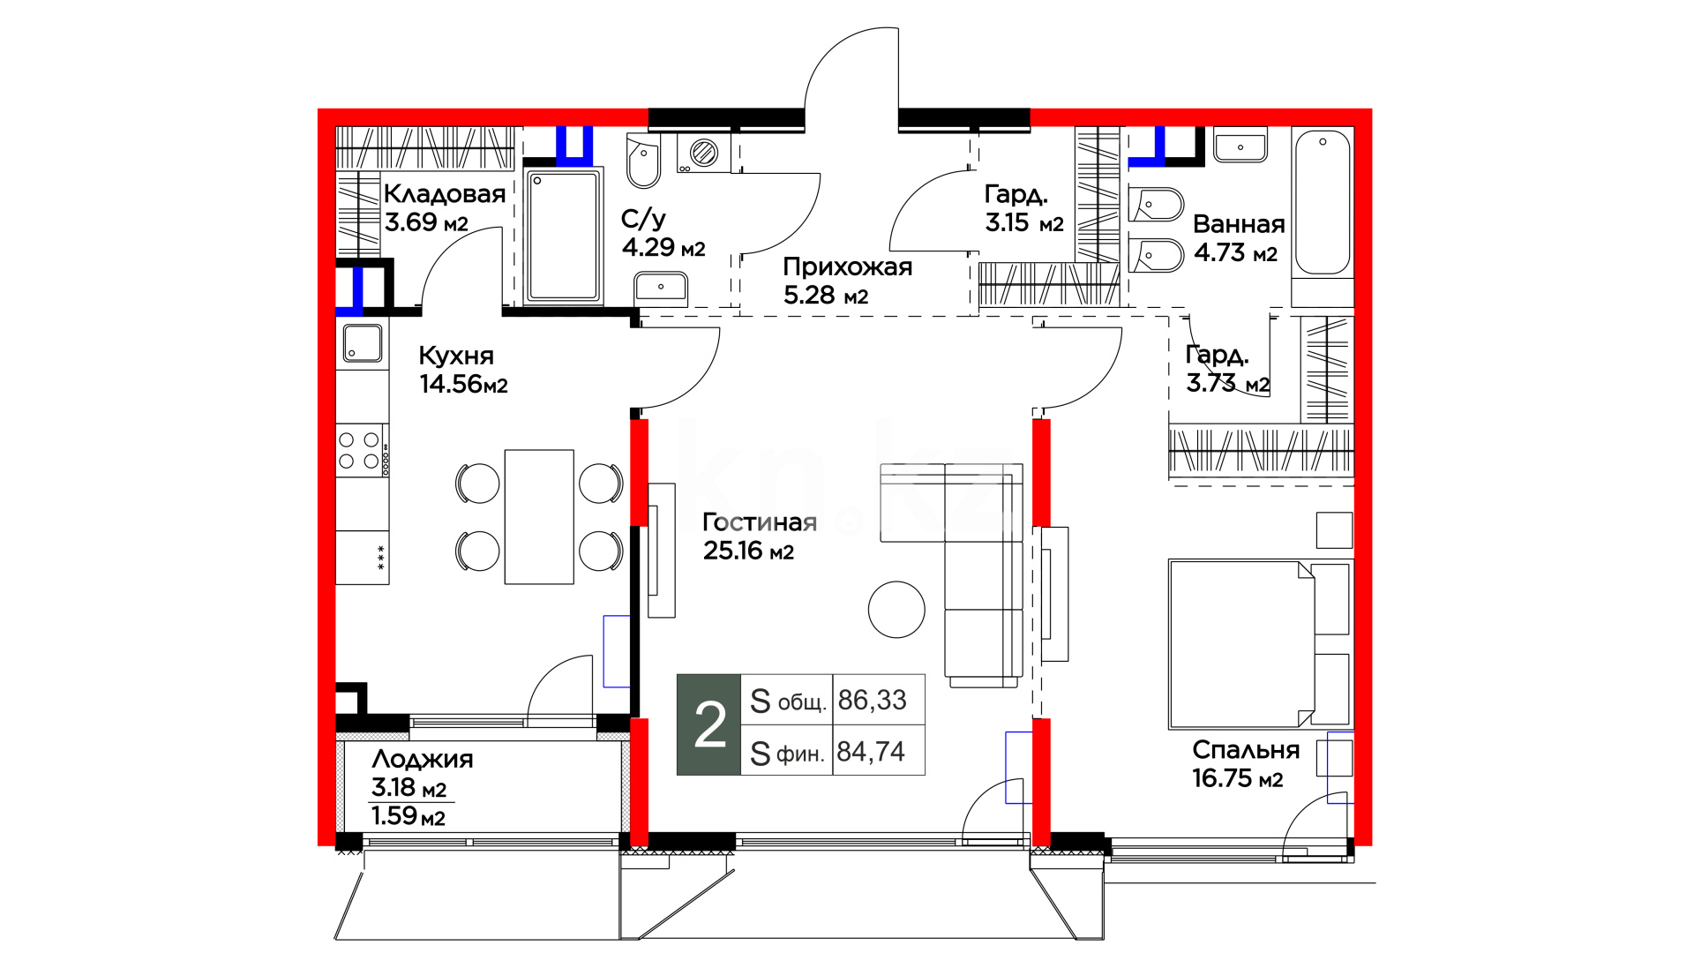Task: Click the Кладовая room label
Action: coord(445,194)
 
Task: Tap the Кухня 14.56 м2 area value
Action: coord(463,384)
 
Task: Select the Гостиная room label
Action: coord(760,522)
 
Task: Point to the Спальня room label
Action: coord(1246,750)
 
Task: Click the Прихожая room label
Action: coord(848,266)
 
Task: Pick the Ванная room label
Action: coord(1239,224)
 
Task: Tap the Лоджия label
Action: coord(423,759)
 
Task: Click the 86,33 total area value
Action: coord(873,700)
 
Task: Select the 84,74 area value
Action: coord(871,752)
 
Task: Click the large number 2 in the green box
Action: coord(710,725)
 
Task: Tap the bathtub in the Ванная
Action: coord(1323,202)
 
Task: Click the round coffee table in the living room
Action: coord(896,610)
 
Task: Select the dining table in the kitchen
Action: coord(539,517)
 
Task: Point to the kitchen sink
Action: coord(363,342)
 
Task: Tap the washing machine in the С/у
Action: coord(704,153)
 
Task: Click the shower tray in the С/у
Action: coord(564,236)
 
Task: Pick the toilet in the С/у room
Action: coord(643,161)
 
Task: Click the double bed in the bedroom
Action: coord(1260,644)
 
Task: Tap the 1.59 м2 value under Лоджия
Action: coord(409,816)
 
